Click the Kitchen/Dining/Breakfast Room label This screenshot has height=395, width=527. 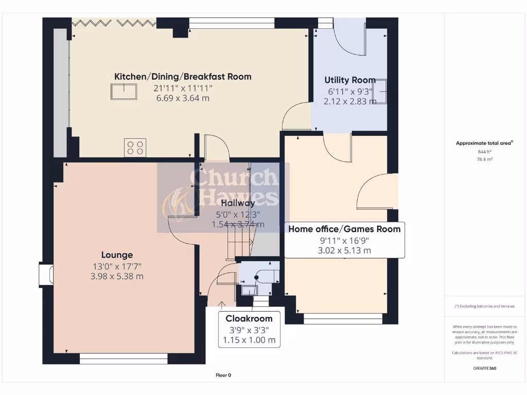click(183, 77)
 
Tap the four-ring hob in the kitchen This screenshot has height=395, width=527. click(135, 147)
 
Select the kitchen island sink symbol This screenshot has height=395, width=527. click(124, 92)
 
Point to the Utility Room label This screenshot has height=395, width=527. click(349, 80)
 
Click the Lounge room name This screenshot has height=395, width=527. click(117, 255)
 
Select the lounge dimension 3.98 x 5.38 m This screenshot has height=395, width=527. click(117, 276)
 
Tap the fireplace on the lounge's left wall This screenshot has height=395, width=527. click(46, 274)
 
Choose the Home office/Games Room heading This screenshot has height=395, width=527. click(344, 229)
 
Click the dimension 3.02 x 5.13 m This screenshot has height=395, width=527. click(344, 251)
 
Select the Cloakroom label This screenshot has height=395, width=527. click(249, 318)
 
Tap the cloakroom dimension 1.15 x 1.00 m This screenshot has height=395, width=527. click(249, 340)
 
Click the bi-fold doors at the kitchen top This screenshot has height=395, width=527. click(114, 22)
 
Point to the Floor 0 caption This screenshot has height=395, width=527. click(223, 375)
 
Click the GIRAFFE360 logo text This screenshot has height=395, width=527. click(485, 368)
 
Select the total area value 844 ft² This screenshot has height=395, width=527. click(484, 152)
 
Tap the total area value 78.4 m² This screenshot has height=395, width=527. click(484, 159)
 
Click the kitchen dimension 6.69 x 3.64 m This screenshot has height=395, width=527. click(183, 98)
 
